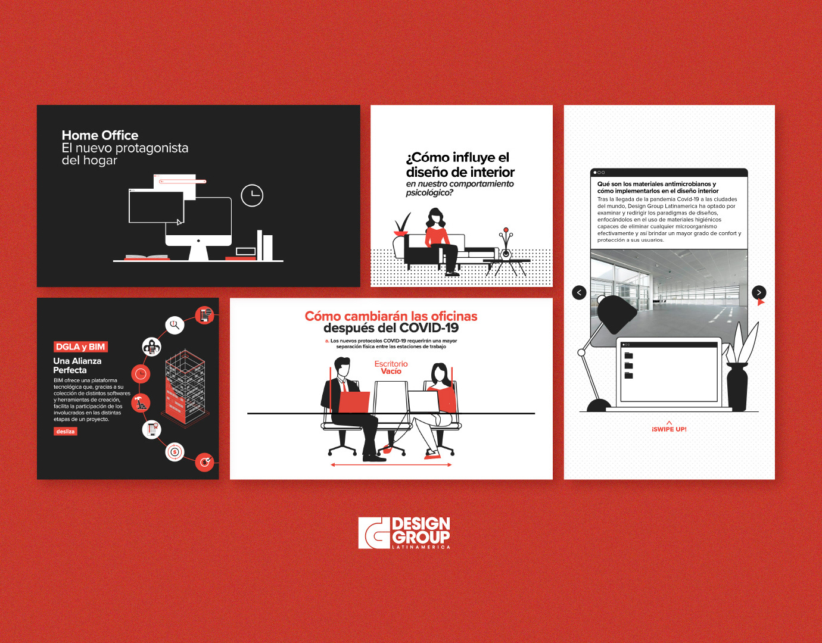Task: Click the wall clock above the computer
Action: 252,195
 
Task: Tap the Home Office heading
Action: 100,135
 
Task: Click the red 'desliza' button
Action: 66,431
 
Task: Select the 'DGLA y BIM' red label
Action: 80,347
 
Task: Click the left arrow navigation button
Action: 579,292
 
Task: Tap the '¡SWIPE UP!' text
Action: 669,429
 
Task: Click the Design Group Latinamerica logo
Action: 404,533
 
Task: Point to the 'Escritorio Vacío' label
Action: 391,367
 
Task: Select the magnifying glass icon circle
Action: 175,324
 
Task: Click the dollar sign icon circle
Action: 175,452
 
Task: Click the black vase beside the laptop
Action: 737,387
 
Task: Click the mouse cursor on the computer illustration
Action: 179,221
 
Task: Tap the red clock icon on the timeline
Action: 141,374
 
